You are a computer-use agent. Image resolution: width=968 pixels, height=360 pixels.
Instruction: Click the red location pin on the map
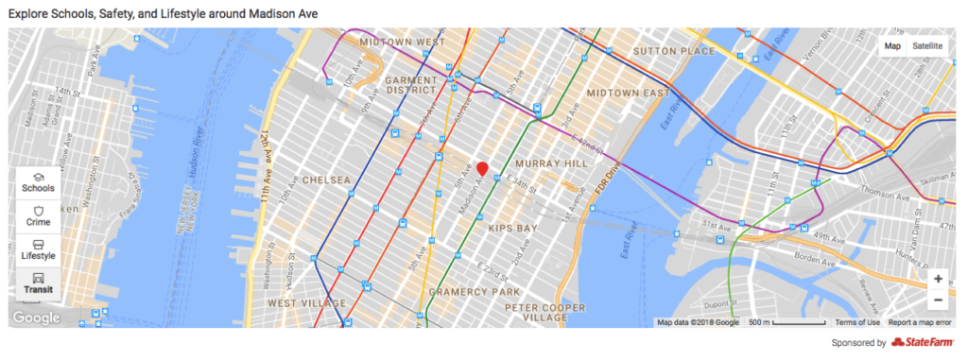pyautogui.click(x=482, y=169)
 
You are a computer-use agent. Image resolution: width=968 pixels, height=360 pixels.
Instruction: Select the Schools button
pyautogui.click(x=38, y=182)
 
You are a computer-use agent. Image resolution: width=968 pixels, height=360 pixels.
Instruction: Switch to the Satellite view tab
pyautogui.click(x=927, y=46)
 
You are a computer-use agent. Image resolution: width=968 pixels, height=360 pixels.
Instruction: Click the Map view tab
pyautogui.click(x=892, y=46)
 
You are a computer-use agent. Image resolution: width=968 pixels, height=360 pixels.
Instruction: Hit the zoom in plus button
pyautogui.click(x=937, y=279)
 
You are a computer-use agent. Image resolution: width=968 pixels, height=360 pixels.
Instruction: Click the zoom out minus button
pyautogui.click(x=937, y=300)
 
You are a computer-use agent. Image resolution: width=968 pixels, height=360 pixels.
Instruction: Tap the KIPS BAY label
pyautogui.click(x=511, y=229)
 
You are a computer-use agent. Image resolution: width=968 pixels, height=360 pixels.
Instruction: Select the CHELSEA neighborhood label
pyautogui.click(x=326, y=180)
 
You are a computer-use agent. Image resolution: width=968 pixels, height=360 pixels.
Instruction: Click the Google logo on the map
pyautogui.click(x=36, y=318)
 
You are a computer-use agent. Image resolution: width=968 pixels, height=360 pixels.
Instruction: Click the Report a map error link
pyautogui.click(x=920, y=322)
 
